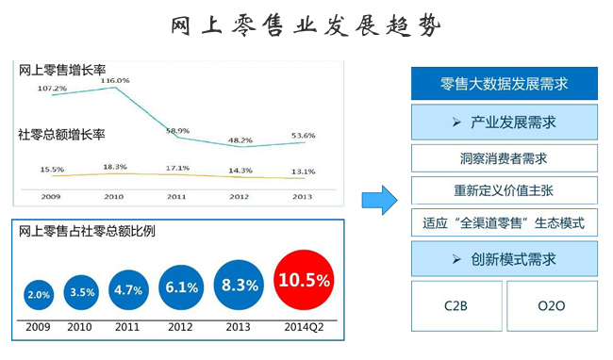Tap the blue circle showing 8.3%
pyautogui.click(x=238, y=283)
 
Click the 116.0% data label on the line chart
pyautogui.click(x=114, y=80)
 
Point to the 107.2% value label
pyautogui.click(x=52, y=88)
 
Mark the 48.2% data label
pyautogui.click(x=240, y=139)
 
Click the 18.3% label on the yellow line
pyautogui.click(x=115, y=166)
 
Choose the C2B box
pyautogui.click(x=456, y=305)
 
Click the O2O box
pyautogui.click(x=552, y=305)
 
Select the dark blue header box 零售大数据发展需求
pyautogui.click(x=505, y=83)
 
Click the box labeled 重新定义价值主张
pyautogui.click(x=505, y=190)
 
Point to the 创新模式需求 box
pyautogui.click(x=505, y=257)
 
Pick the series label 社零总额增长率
pyautogui.click(x=61, y=135)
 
